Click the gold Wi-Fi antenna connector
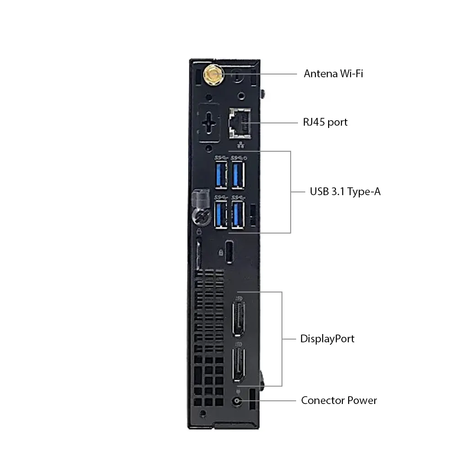214,74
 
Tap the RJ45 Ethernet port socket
240,122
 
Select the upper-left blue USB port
221,175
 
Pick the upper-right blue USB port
238,175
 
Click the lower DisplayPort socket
239,365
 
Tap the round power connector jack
237,401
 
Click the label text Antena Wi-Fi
333,74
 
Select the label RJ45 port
325,122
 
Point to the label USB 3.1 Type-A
345,191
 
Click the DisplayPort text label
327,339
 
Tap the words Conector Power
339,400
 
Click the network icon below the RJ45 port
240,144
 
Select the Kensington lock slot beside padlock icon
229,252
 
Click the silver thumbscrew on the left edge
202,217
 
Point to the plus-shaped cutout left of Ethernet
209,123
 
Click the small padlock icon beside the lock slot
221,252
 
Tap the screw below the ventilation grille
203,413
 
